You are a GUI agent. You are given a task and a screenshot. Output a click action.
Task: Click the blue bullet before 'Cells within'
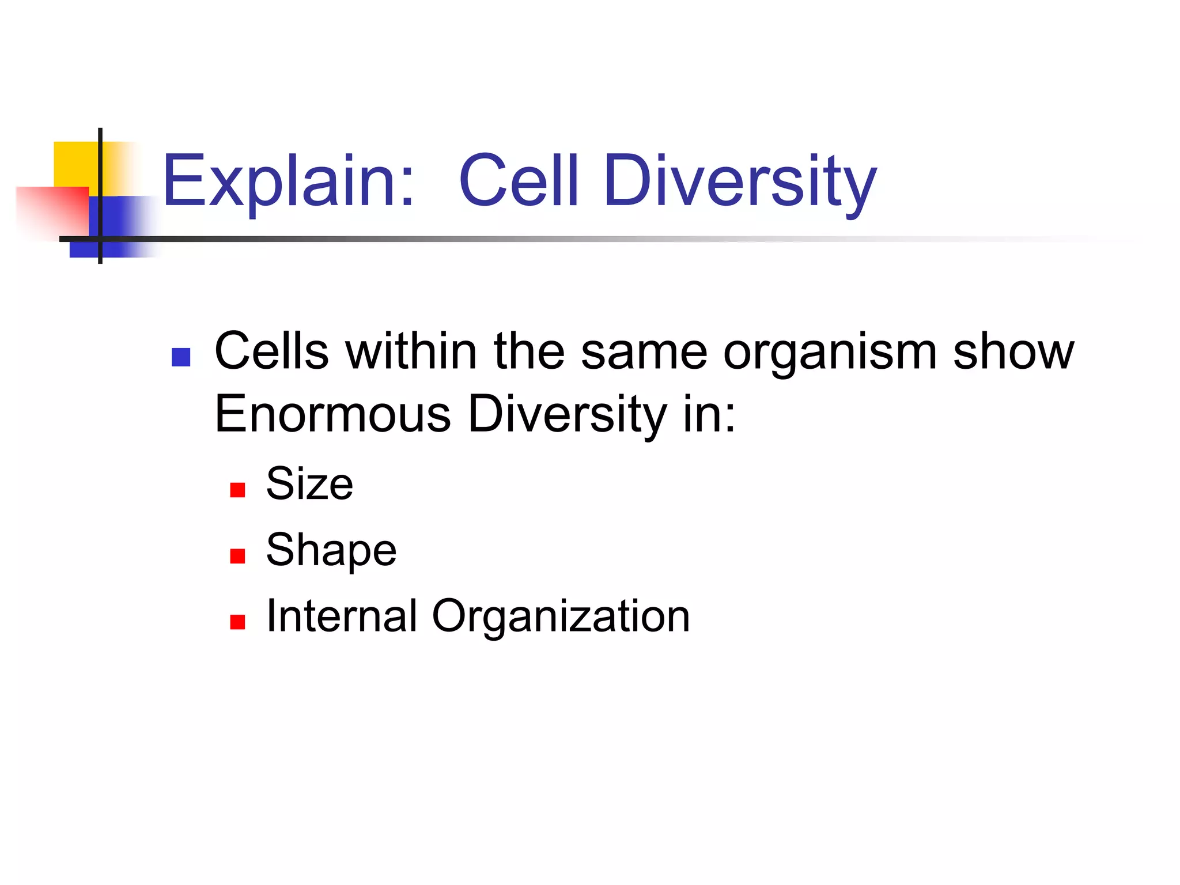click(x=181, y=357)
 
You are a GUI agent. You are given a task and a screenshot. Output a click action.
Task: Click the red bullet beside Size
click(x=237, y=490)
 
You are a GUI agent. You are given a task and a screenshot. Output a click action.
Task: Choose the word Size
click(x=309, y=483)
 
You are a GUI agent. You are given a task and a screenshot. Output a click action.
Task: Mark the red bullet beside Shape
click(x=237, y=556)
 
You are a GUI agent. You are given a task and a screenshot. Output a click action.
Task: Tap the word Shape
click(x=331, y=550)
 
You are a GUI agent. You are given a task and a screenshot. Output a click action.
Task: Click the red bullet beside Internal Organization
click(x=237, y=622)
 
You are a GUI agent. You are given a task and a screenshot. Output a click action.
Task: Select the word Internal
click(x=341, y=616)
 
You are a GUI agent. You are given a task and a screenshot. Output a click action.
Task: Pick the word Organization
click(x=561, y=617)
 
